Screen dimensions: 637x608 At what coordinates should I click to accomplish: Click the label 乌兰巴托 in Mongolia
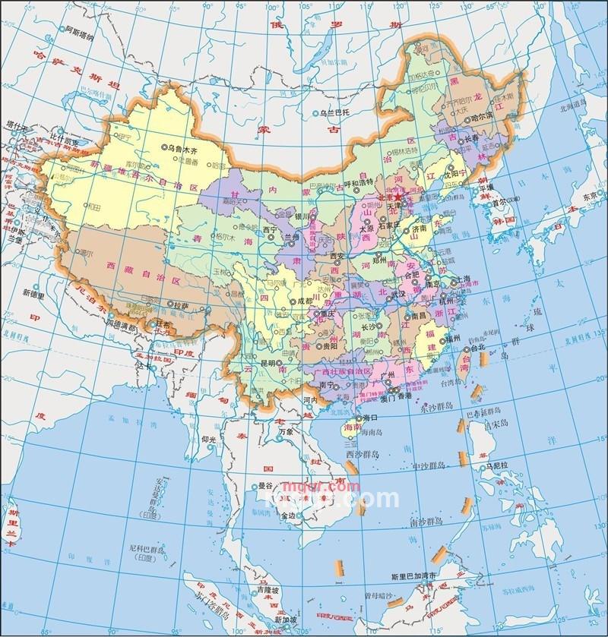[x=337, y=113]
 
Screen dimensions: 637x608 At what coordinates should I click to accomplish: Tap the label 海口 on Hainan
[x=370, y=418]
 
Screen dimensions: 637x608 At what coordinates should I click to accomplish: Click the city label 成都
[x=304, y=300]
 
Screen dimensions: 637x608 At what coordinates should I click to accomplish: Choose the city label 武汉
[x=397, y=292]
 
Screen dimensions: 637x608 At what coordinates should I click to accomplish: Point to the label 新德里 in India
[x=33, y=292]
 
